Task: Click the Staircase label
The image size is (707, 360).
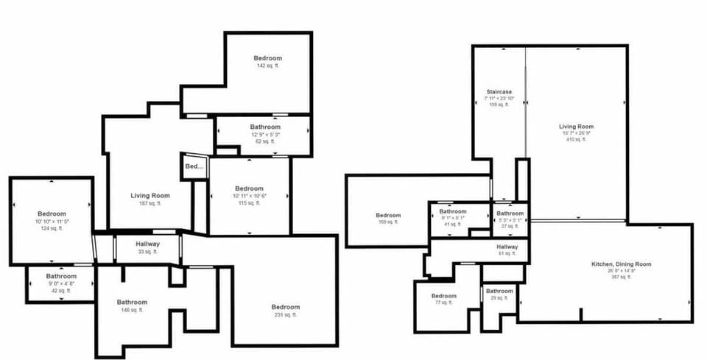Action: (499, 92)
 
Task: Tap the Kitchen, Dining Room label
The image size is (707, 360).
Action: (621, 264)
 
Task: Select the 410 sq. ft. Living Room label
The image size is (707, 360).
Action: (576, 127)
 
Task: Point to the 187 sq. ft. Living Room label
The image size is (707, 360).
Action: (150, 196)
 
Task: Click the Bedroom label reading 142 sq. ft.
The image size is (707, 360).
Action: (267, 58)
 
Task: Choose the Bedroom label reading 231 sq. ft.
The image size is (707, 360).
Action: (285, 307)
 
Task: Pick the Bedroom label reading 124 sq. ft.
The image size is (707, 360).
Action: (52, 214)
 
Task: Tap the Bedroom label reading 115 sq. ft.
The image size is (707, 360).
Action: (249, 188)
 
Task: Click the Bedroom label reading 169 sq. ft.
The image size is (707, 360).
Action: (388, 216)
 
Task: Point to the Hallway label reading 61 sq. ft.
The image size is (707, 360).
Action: (507, 247)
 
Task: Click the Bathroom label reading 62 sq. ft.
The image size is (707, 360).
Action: (265, 127)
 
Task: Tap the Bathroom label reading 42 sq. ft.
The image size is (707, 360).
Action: (60, 277)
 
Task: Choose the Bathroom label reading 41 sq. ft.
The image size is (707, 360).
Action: (454, 212)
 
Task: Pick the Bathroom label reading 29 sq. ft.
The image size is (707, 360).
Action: (499, 291)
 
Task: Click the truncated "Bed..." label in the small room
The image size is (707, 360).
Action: (194, 166)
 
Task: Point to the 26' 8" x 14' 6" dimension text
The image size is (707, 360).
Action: (621, 271)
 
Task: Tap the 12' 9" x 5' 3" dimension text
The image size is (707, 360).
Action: (265, 134)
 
